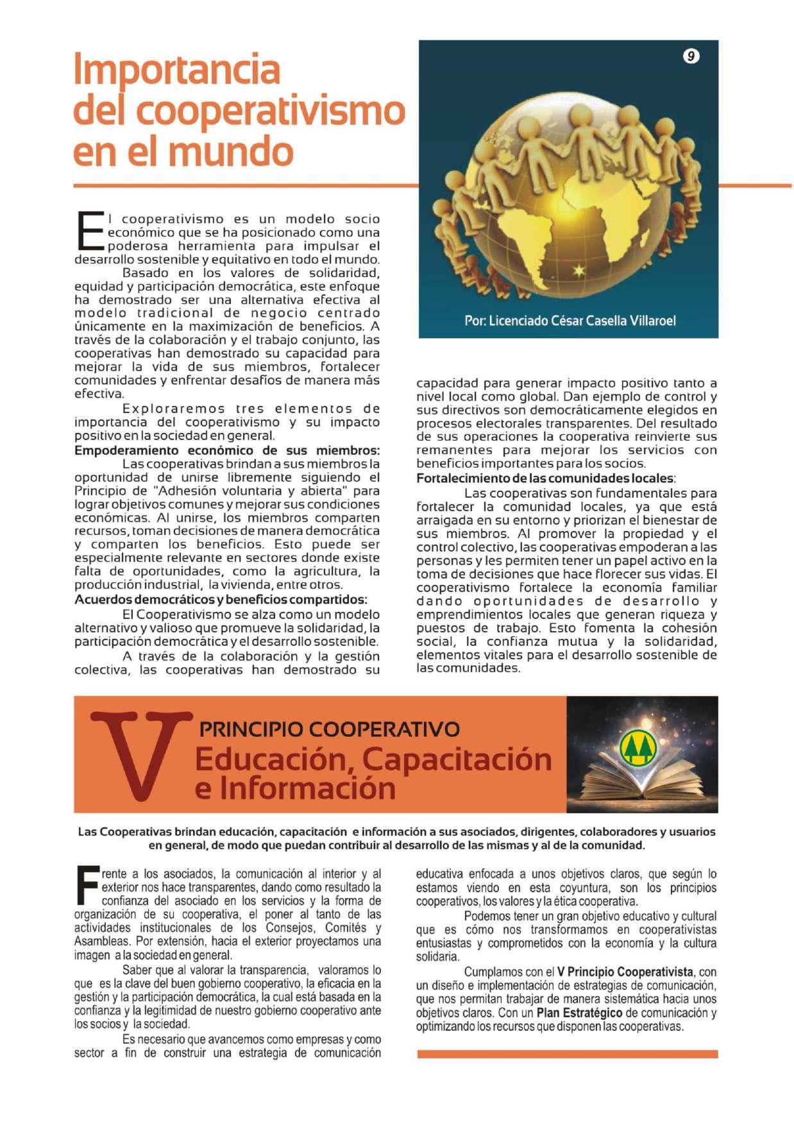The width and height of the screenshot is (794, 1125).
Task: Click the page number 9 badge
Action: click(690, 56)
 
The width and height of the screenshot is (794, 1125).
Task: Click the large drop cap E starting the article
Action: click(89, 232)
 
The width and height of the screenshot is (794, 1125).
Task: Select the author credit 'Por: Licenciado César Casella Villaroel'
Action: click(570, 321)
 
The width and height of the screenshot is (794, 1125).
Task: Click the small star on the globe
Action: click(579, 270)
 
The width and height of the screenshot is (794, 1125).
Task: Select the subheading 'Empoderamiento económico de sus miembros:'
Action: click(227, 450)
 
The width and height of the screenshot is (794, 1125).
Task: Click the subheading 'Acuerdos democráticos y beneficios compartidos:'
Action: click(221, 600)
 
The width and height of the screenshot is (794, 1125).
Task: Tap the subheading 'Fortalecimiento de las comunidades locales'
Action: click(545, 478)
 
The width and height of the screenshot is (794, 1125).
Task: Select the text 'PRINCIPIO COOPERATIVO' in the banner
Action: click(330, 729)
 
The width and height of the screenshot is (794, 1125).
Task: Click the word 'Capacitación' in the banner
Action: click(457, 759)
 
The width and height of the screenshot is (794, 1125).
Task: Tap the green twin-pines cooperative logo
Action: click(638, 747)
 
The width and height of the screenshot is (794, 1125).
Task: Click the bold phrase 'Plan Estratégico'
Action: click(579, 1013)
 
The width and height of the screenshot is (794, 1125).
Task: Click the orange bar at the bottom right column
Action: click(567, 1054)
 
